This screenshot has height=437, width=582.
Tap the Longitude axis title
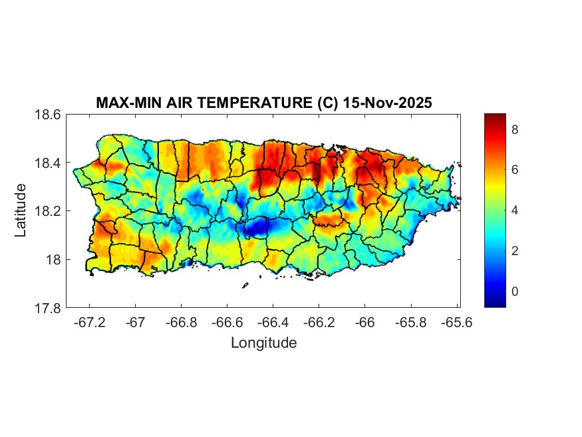coord(263,343)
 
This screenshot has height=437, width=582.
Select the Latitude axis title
coord(21,211)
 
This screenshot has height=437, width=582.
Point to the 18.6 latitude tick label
coord(48,115)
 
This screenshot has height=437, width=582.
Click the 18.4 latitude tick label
coord(48,163)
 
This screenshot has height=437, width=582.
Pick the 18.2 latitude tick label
coord(48,211)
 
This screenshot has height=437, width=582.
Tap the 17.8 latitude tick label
coord(48,308)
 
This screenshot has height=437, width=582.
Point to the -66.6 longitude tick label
coord(227,322)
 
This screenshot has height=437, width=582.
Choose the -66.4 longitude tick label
coord(273,322)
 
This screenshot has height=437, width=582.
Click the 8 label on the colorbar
coord(515,130)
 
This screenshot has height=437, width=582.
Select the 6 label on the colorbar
coord(515,171)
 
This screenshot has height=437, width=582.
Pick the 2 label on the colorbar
coord(515,250)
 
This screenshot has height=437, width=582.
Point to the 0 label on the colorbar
coord(515,291)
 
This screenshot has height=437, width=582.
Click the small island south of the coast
coord(245,286)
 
